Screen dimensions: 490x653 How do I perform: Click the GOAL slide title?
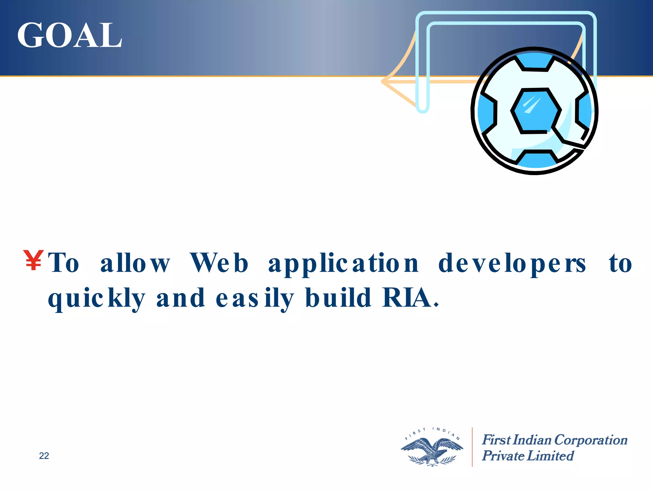(x=70, y=35)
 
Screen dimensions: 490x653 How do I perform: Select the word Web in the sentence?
(x=219, y=263)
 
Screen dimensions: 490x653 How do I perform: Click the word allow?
(x=135, y=263)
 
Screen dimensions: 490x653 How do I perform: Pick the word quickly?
(x=97, y=299)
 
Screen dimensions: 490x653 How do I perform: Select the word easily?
(x=254, y=299)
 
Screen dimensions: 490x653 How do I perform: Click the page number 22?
(x=44, y=456)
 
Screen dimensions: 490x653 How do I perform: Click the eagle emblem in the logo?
(x=432, y=450)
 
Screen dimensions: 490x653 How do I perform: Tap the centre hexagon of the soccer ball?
(x=536, y=110)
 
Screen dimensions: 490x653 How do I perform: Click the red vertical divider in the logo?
(x=472, y=447)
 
